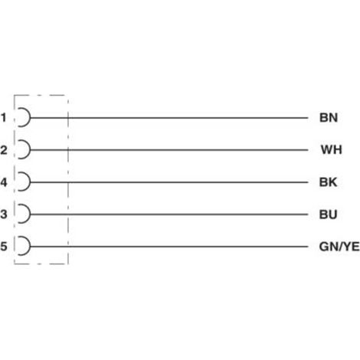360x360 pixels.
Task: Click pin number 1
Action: (4, 118)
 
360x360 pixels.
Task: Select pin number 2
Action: (4, 150)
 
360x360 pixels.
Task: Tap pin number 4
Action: (4, 182)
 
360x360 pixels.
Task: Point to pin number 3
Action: (4, 214)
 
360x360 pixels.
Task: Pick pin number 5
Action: (4, 247)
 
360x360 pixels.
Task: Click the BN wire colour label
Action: (329, 118)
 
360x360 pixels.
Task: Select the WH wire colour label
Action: (332, 150)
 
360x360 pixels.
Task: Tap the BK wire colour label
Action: (328, 182)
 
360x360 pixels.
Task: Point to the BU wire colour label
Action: (328, 214)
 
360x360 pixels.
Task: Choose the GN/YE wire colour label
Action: (339, 247)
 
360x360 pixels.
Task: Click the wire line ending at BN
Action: (169, 118)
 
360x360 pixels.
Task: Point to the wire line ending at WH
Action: (169, 150)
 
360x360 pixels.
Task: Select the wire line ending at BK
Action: (169, 182)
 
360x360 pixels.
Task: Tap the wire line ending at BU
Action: (169, 214)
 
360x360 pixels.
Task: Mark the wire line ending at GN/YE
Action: (169, 247)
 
